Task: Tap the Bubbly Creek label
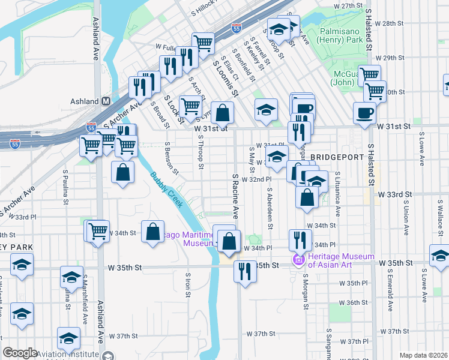(x=166, y=190)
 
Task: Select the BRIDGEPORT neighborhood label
(x=338, y=157)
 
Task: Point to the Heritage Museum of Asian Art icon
(x=296, y=260)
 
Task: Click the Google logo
(x=20, y=353)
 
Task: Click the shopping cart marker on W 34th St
(x=97, y=230)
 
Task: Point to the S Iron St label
(x=187, y=288)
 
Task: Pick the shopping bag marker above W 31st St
(x=222, y=112)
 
